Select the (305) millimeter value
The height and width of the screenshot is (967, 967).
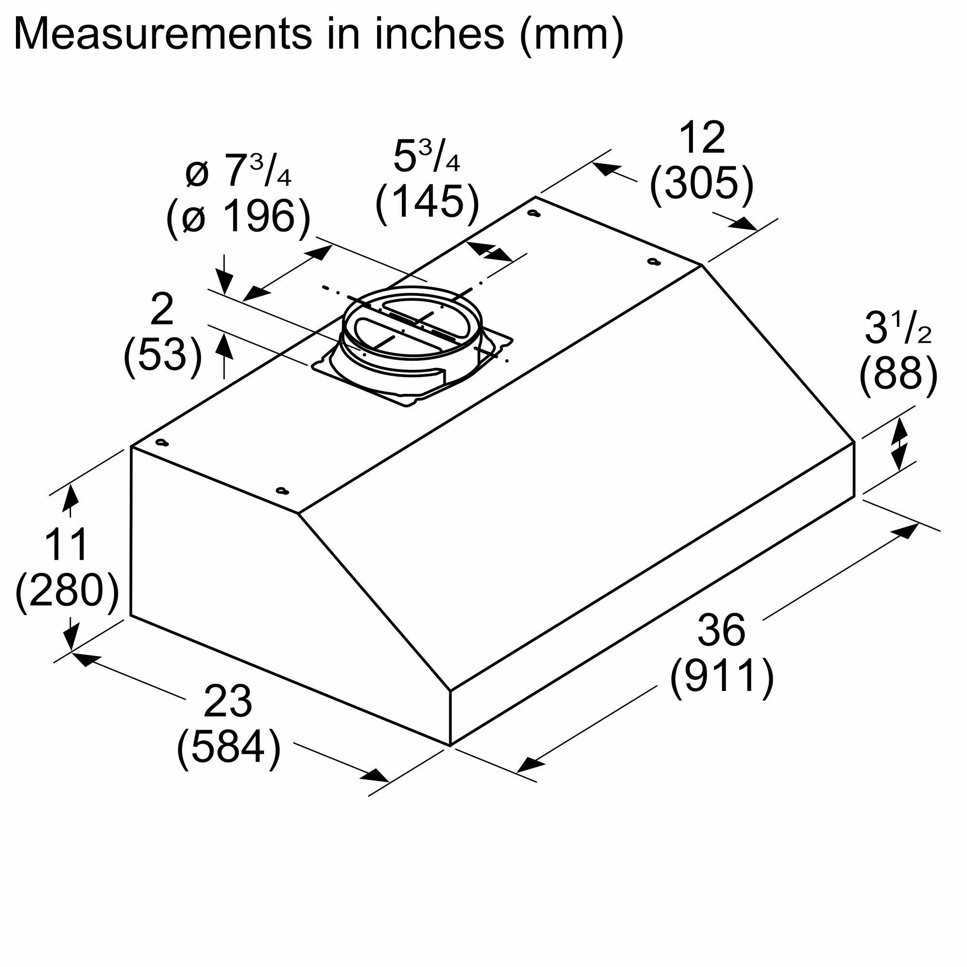pos(701,184)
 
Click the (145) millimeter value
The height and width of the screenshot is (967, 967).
pos(427,201)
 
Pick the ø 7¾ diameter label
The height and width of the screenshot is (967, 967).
pos(238,172)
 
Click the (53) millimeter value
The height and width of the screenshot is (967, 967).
pos(162,354)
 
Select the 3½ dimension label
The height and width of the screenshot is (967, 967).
pos(898,328)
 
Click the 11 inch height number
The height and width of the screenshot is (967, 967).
pos(66,544)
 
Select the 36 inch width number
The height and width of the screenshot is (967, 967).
pos(721,630)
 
